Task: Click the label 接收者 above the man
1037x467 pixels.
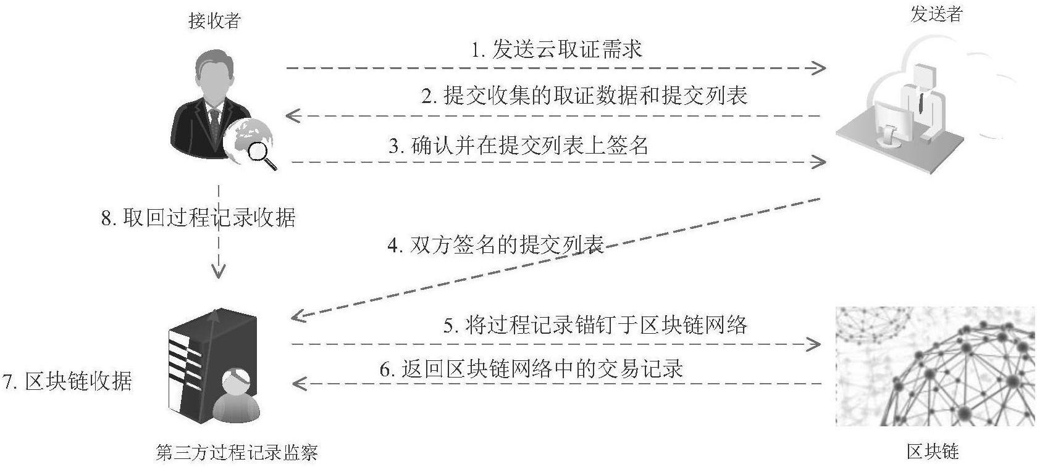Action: coord(214,21)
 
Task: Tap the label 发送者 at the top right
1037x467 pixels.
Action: coord(936,14)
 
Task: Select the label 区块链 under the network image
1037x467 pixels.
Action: coord(933,451)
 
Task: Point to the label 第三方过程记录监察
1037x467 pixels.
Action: coord(237,453)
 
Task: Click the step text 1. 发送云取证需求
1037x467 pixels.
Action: coord(556,49)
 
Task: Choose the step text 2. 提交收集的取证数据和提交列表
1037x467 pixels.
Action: coord(584,96)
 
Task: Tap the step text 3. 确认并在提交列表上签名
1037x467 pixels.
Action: coord(519,146)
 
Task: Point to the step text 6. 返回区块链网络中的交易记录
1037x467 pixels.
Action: coord(531,369)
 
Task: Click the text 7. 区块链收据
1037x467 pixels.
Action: coord(67,381)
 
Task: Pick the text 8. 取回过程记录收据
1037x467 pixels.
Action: coord(198,217)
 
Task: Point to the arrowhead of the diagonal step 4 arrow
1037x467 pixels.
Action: coord(298,316)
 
